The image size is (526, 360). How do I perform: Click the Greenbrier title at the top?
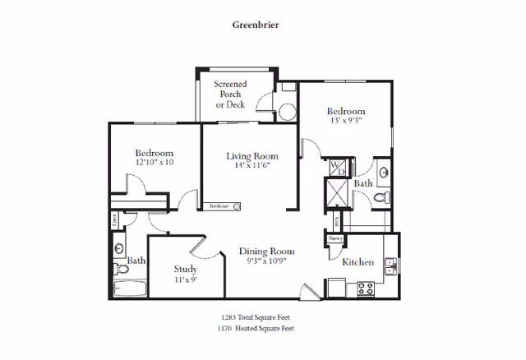click(x=256, y=25)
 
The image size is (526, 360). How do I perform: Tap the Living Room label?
click(x=252, y=156)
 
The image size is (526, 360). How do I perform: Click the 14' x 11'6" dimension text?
click(x=252, y=166)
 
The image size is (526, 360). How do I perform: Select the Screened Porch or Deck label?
click(x=231, y=95)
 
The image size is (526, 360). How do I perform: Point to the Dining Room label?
click(x=266, y=252)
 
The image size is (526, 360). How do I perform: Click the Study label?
click(x=185, y=269)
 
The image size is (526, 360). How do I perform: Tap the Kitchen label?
click(x=358, y=262)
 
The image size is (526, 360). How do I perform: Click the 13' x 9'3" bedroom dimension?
click(x=345, y=121)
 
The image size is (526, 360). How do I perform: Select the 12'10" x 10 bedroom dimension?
click(x=155, y=163)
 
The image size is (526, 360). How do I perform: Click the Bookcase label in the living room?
click(x=219, y=205)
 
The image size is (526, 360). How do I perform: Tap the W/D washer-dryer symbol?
click(x=337, y=168)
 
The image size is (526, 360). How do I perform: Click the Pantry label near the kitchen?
click(x=335, y=238)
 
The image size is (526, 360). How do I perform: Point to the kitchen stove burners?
click(x=366, y=288)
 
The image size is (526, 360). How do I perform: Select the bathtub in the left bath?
click(x=129, y=289)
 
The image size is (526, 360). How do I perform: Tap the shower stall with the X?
click(x=337, y=194)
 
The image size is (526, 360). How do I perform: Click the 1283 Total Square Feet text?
click(x=256, y=316)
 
